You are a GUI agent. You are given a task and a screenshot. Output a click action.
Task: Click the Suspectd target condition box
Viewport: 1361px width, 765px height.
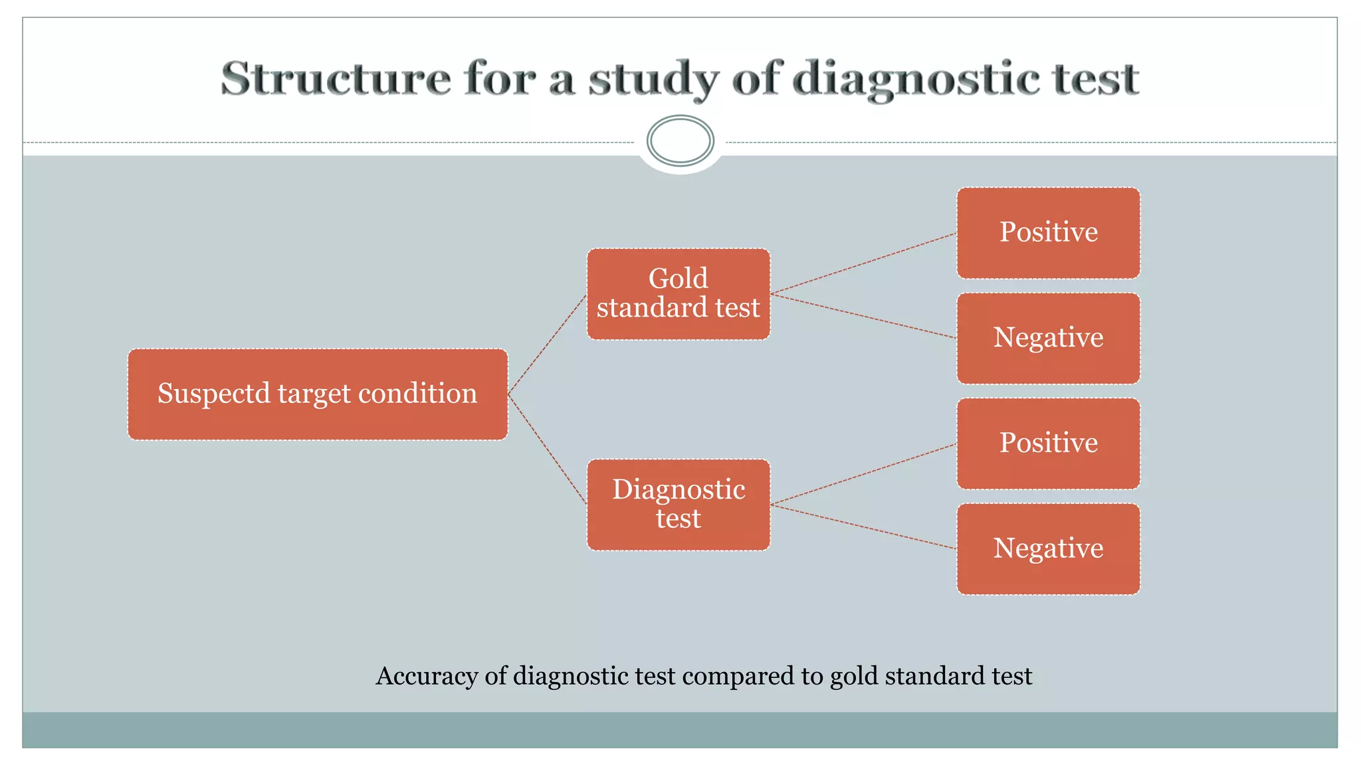[318, 394]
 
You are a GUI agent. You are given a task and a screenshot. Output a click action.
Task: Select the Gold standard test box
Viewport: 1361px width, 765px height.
[679, 294]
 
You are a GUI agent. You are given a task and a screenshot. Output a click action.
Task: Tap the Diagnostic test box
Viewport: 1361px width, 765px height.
[679, 505]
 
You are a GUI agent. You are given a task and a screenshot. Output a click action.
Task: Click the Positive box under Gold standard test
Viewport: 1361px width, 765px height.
[1048, 232]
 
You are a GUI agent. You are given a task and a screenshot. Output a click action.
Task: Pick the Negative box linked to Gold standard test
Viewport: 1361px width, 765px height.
[1048, 338]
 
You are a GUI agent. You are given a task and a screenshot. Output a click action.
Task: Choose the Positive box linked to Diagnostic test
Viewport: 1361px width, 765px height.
[1048, 444]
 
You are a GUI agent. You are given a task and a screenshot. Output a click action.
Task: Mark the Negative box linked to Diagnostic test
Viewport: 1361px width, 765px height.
[1048, 549]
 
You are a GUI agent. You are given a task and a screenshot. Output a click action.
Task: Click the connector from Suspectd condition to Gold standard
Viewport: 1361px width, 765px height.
[547, 345]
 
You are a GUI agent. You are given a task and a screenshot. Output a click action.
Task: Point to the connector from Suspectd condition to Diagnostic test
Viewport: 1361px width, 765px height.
[547, 450]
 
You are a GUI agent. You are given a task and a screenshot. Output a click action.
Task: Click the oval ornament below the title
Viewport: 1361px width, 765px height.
[680, 141]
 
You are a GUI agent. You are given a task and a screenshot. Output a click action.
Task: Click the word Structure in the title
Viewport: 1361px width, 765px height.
[336, 79]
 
